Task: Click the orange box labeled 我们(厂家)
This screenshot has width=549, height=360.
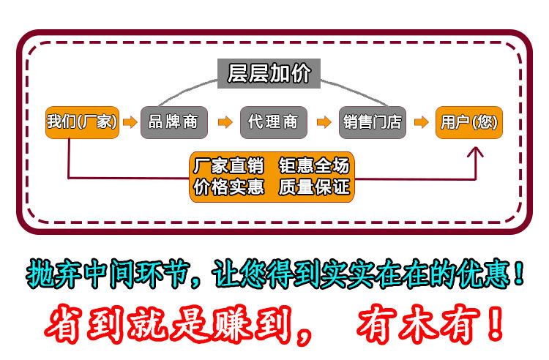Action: click(x=81, y=122)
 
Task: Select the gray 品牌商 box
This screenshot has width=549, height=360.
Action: click(x=173, y=122)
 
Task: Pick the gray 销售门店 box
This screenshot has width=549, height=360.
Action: click(x=373, y=122)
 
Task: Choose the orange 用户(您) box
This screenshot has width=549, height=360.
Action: click(x=468, y=122)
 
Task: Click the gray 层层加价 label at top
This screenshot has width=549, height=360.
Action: click(x=269, y=73)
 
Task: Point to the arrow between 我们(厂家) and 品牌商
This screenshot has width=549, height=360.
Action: click(x=130, y=122)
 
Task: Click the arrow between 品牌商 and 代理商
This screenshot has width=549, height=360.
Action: click(x=224, y=122)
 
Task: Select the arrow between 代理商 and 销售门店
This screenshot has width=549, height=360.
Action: click(x=323, y=122)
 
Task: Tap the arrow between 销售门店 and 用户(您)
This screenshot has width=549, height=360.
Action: click(x=421, y=122)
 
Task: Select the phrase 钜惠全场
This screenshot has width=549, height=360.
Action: click(x=314, y=166)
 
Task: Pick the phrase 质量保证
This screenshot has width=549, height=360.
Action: click(x=314, y=187)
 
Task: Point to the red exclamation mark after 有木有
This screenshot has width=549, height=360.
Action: click(x=495, y=323)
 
